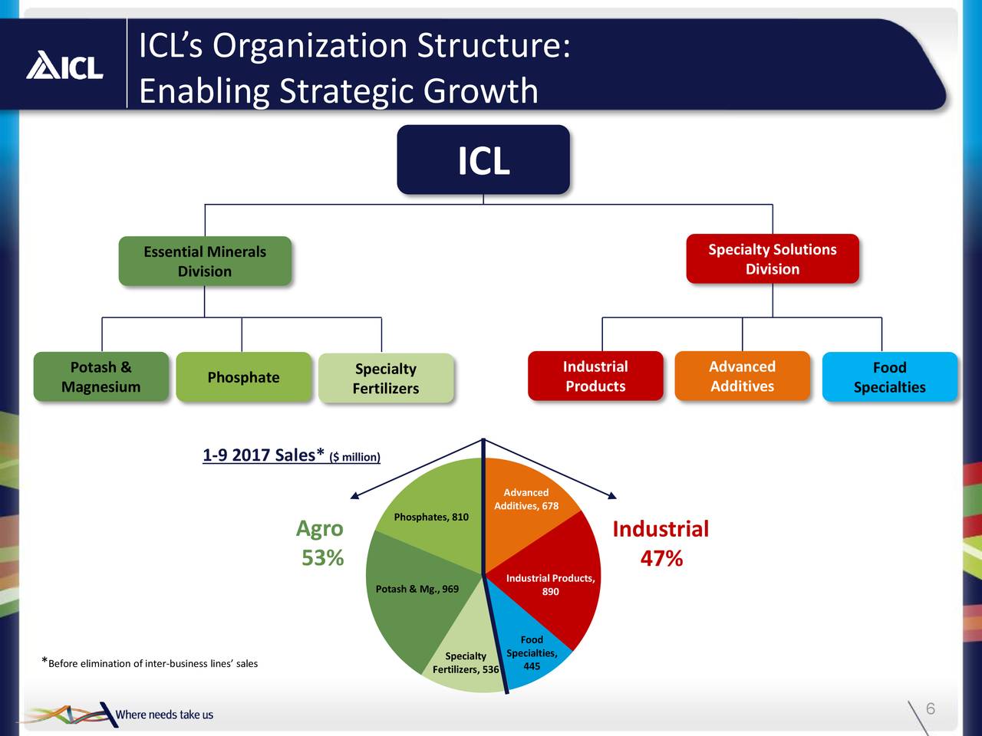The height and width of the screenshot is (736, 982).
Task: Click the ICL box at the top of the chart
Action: point(483,159)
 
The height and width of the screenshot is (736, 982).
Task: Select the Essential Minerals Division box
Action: point(205,261)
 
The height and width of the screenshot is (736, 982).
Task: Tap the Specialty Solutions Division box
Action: point(772,259)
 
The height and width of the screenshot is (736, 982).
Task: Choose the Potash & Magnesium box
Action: point(101,376)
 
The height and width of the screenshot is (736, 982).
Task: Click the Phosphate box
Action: point(243,376)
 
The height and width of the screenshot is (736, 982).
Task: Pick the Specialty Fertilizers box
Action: point(386,378)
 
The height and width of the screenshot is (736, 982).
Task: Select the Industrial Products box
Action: point(595,376)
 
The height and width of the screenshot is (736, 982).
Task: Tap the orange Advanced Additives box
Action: point(742,376)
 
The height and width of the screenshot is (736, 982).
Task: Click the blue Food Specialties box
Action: point(889,377)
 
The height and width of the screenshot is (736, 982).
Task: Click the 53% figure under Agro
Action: point(322,557)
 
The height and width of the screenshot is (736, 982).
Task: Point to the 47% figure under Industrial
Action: point(661,558)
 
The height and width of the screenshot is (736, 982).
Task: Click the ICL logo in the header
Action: point(64,65)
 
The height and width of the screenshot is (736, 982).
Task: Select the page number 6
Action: point(930,708)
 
